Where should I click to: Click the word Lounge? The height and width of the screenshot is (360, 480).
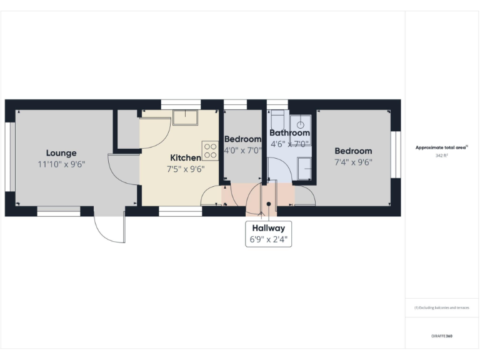61,152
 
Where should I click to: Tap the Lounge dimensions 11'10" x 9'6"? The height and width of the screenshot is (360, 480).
61,164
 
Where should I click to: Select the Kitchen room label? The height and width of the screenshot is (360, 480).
186,158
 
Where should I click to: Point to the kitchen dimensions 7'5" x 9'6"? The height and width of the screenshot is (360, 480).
186,169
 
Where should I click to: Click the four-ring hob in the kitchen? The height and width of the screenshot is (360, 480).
210,151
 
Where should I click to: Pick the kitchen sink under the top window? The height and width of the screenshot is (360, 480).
186,117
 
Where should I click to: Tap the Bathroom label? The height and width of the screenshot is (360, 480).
289,133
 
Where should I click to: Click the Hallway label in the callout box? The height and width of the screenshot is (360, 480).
269,228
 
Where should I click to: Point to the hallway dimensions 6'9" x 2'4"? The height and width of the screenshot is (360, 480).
269,239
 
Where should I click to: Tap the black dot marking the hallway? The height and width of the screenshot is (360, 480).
269,204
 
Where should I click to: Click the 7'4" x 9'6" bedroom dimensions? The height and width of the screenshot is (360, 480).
353,162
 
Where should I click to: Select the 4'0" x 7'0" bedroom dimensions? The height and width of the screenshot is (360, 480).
242,151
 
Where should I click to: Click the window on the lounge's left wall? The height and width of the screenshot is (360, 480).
10,156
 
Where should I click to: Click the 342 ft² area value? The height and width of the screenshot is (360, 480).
442,156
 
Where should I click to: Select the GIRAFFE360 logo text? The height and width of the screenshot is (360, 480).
441,336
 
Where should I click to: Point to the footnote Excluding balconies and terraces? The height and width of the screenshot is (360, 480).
441,307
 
